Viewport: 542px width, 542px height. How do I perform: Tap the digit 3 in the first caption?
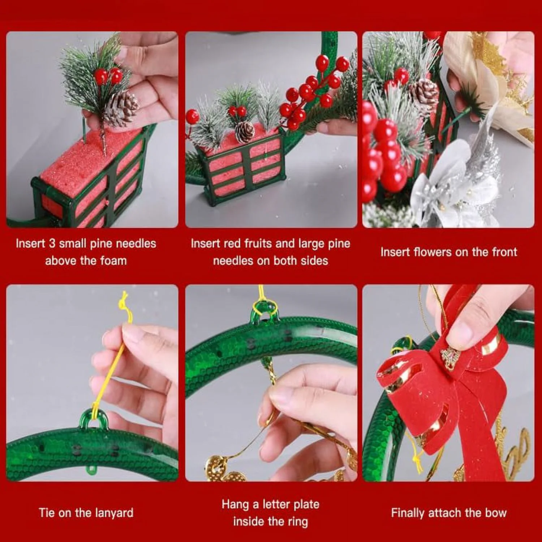(x=52, y=243)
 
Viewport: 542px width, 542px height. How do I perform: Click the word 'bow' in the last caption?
(x=496, y=513)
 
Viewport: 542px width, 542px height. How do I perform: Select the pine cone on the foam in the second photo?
(x=245, y=132)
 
